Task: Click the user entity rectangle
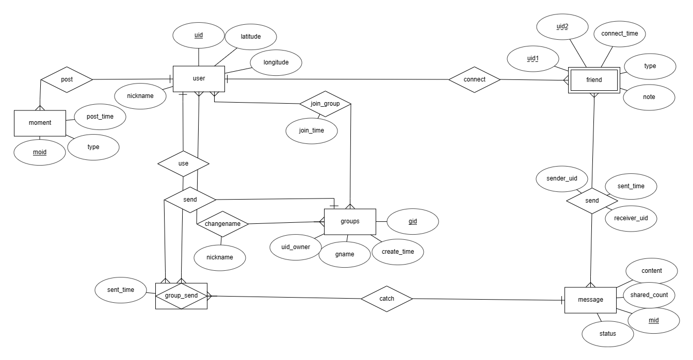[x=199, y=79]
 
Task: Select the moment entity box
[x=40, y=123]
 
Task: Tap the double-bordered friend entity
[x=594, y=80]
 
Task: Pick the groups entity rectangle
[x=350, y=222]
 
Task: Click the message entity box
[x=590, y=300]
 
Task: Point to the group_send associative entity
[x=181, y=296]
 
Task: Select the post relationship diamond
[x=67, y=79]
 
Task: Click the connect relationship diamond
[x=474, y=79]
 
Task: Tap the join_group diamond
[x=325, y=104]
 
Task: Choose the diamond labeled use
[x=183, y=163]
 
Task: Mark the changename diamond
[x=222, y=224]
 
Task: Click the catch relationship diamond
[x=386, y=298]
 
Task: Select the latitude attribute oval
[x=251, y=37]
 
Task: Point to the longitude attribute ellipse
[x=276, y=63]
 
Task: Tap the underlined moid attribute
[x=39, y=153]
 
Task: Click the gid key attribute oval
[x=413, y=221]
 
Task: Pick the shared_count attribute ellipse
[x=649, y=295]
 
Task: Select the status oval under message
[x=608, y=333]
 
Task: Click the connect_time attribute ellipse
[x=620, y=33]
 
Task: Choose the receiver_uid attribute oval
[x=631, y=218]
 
